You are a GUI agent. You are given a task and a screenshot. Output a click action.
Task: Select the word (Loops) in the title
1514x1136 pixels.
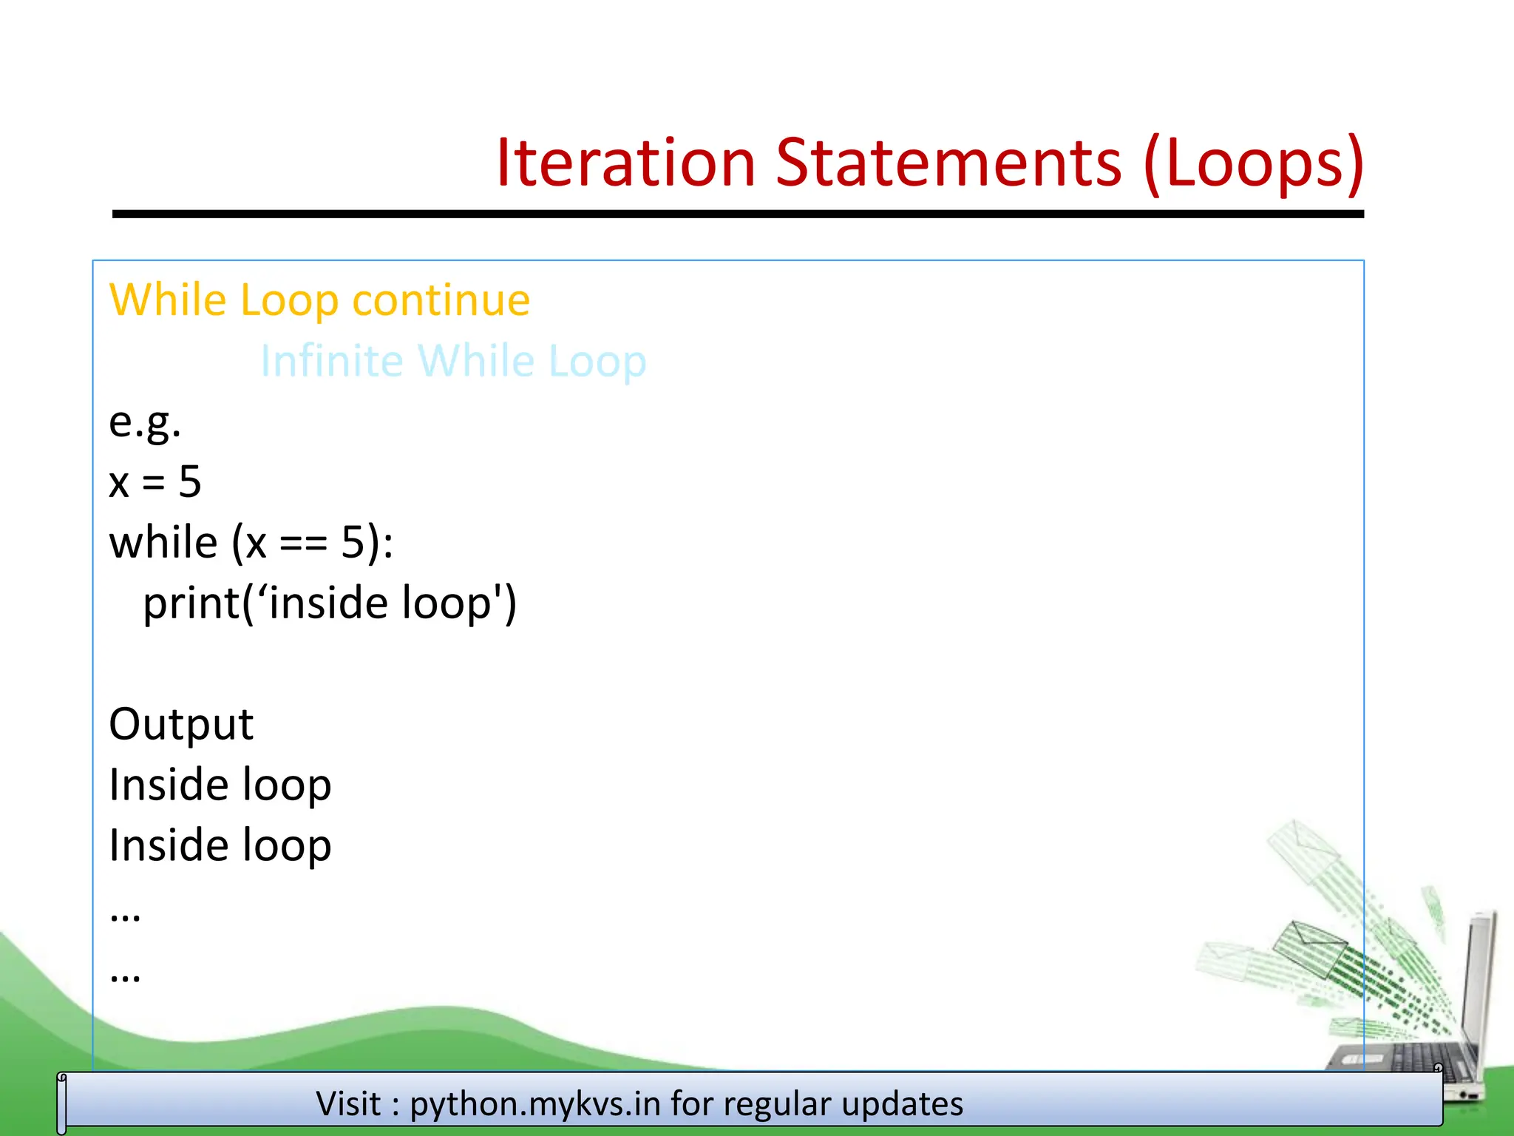coord(1253,164)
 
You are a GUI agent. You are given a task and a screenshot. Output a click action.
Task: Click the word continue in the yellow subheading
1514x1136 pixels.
coord(441,300)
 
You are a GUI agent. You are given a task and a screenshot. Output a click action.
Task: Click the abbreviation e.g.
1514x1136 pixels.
coord(145,423)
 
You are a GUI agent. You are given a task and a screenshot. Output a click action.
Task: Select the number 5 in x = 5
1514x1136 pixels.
coord(190,482)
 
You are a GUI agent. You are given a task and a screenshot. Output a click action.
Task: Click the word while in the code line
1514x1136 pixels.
coord(163,543)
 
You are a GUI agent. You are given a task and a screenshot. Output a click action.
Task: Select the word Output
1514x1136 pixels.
coord(181,724)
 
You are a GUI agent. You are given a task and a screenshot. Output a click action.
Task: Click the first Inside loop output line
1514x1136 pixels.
coord(220,785)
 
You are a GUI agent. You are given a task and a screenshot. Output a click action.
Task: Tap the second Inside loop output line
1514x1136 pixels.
coord(220,845)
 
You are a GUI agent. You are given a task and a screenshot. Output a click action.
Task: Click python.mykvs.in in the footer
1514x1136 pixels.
coord(535,1104)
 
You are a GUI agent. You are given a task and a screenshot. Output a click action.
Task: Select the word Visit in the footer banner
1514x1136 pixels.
coord(348,1104)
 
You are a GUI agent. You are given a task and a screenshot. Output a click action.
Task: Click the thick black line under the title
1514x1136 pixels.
coord(738,214)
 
